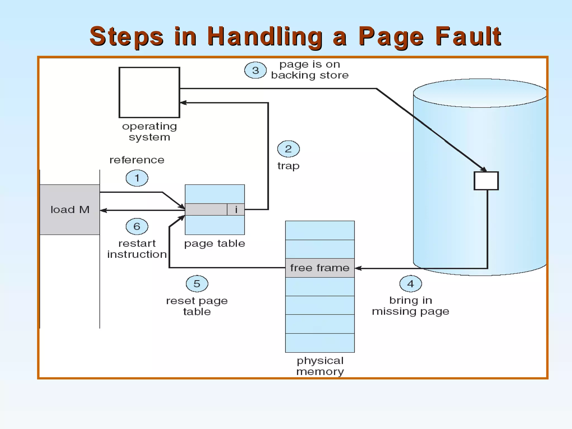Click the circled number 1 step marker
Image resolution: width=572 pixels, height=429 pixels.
pos(137,178)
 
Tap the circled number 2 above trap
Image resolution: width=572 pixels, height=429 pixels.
pos(288,149)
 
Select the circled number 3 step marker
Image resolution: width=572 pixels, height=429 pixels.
pos(255,70)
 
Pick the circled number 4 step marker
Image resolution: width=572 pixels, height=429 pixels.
pos(410,284)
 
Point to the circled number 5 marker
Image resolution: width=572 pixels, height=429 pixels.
pos(197,284)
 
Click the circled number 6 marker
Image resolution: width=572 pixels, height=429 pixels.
pos(137,226)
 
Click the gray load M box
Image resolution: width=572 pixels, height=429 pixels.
pos(70,209)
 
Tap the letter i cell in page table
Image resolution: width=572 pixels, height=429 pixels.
pos(236,209)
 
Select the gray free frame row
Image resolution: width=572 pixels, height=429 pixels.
pos(320,268)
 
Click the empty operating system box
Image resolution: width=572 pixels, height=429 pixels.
pos(149,92)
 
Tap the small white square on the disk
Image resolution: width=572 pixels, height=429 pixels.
pos(486,181)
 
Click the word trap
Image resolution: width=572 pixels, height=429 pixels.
pos(288,166)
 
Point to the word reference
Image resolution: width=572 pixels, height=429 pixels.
pos(137,160)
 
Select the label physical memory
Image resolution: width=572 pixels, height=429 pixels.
pos(320,366)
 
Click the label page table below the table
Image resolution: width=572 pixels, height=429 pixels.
pos(214,244)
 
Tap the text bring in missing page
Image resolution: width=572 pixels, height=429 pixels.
pos(410,306)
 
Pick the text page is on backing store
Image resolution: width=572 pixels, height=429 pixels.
pos(310,70)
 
